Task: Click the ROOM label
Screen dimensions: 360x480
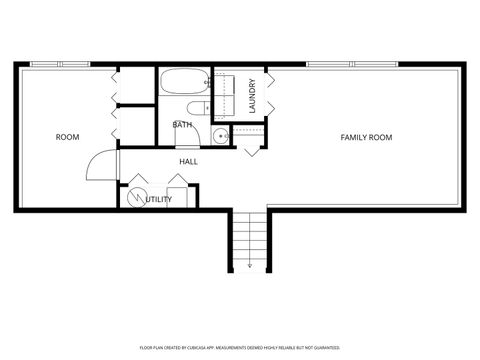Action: (67, 137)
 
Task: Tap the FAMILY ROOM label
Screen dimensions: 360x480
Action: (366, 137)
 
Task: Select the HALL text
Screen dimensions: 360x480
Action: (188, 161)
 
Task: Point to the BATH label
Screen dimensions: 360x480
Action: (183, 125)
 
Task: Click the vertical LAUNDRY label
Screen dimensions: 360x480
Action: (253, 96)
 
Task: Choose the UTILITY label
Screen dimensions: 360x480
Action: (158, 199)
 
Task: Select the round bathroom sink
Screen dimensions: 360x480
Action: (219, 137)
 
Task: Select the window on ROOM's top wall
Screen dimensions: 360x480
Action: (60, 65)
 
